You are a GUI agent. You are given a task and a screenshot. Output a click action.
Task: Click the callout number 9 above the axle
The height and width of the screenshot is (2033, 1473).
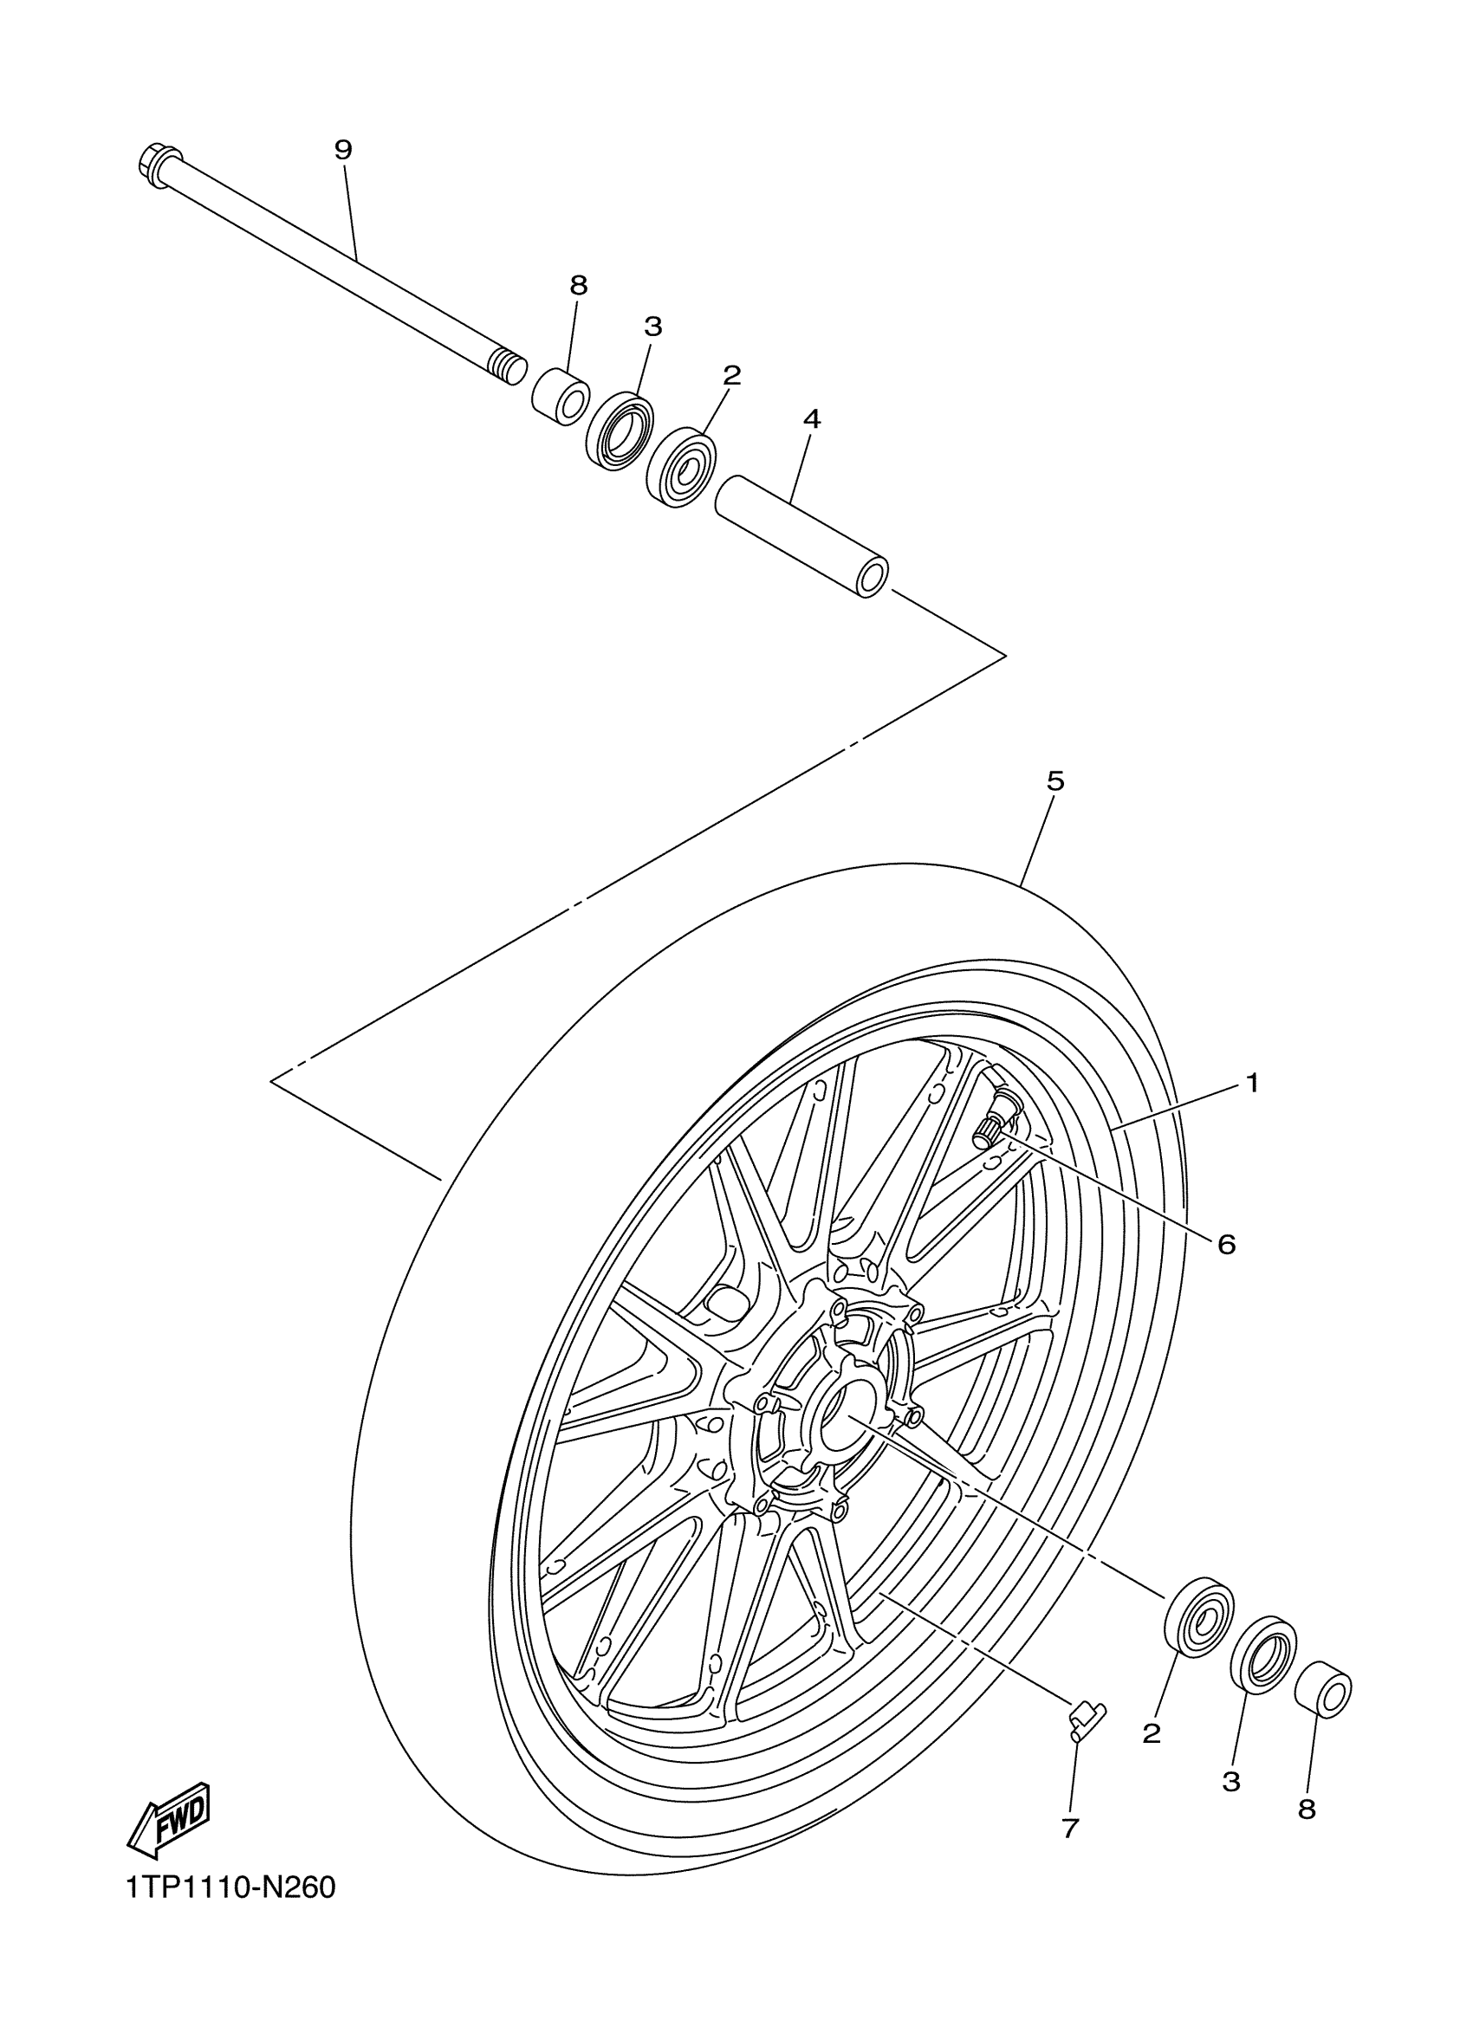pyautogui.click(x=343, y=150)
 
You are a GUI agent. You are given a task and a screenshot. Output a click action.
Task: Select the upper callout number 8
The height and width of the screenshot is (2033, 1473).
pyautogui.click(x=578, y=286)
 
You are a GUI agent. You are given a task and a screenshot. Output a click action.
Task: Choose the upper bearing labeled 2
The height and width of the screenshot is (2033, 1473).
pyautogui.click(x=679, y=468)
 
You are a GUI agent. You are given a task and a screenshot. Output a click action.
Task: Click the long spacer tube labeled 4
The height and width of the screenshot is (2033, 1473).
pyautogui.click(x=801, y=536)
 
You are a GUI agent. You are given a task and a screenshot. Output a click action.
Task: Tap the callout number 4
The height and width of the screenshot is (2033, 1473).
pyautogui.click(x=811, y=418)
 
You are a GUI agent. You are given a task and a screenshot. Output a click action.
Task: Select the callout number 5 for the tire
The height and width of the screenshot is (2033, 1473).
pyautogui.click(x=1055, y=781)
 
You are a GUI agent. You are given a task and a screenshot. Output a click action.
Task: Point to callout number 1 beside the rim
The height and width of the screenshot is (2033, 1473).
pyautogui.click(x=1252, y=1084)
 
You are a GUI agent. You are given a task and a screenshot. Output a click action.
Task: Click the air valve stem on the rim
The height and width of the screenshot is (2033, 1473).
pyautogui.click(x=996, y=1120)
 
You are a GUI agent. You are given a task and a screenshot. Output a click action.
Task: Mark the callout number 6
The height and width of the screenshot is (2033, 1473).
pyautogui.click(x=1227, y=1244)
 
